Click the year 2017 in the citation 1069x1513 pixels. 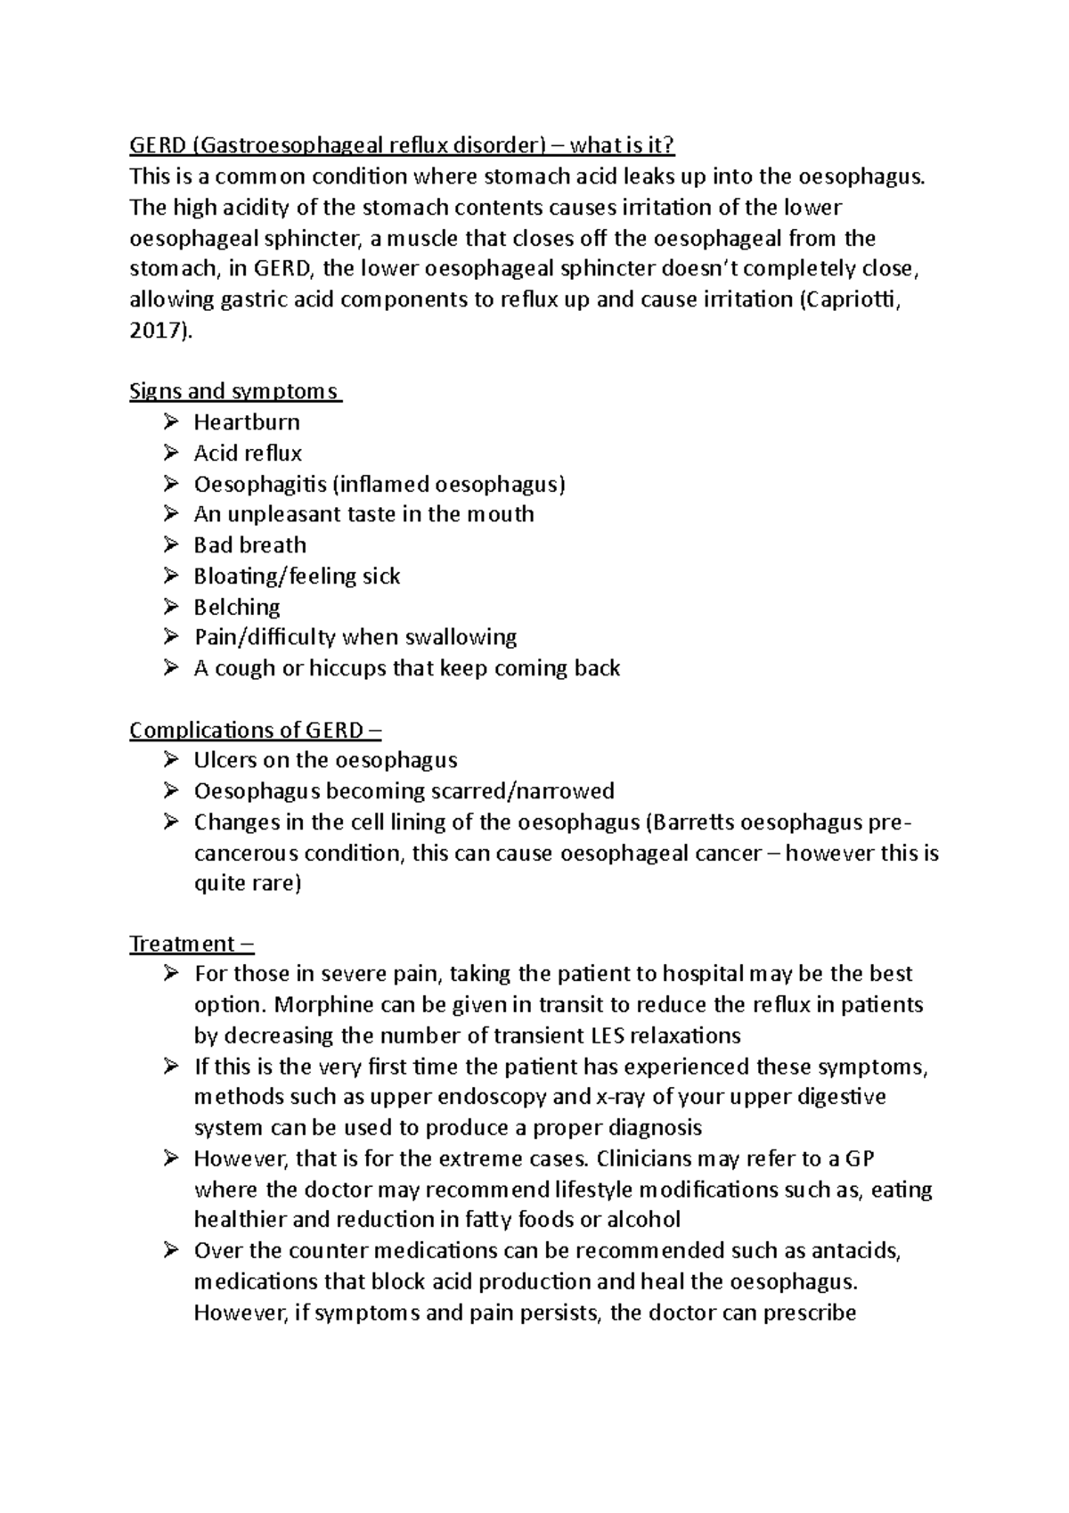point(157,331)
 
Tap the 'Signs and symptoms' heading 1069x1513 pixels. point(234,391)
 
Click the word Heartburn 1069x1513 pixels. point(247,422)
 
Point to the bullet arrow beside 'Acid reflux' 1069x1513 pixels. point(171,453)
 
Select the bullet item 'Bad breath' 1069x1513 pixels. point(249,545)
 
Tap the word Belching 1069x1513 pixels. point(237,607)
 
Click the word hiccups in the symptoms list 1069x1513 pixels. point(347,668)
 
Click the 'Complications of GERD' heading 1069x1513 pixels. point(254,731)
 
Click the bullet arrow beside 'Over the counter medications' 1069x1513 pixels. point(171,1251)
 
